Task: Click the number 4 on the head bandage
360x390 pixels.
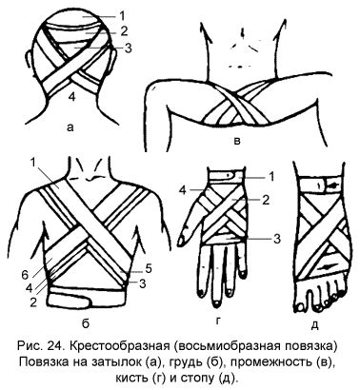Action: [x=72, y=97]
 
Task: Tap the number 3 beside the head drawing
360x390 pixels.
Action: [x=129, y=49]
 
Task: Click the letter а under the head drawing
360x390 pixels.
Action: [x=70, y=127]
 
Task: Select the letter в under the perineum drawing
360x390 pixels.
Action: [x=236, y=141]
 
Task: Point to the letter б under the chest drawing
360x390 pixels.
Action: [x=86, y=323]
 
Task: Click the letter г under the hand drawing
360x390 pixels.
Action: [x=218, y=322]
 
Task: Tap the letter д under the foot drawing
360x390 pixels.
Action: [x=314, y=325]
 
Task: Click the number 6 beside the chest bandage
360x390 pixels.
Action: [x=25, y=275]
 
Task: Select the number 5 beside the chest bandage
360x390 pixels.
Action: [x=149, y=268]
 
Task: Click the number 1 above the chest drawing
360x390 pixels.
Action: [x=32, y=163]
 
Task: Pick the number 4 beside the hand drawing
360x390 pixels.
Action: [x=182, y=190]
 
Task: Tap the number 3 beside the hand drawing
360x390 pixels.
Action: [x=277, y=239]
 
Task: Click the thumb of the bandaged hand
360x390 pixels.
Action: [x=190, y=222]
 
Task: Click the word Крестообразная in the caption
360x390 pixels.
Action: [x=120, y=346]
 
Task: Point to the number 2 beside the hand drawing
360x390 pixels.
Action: [x=266, y=200]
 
